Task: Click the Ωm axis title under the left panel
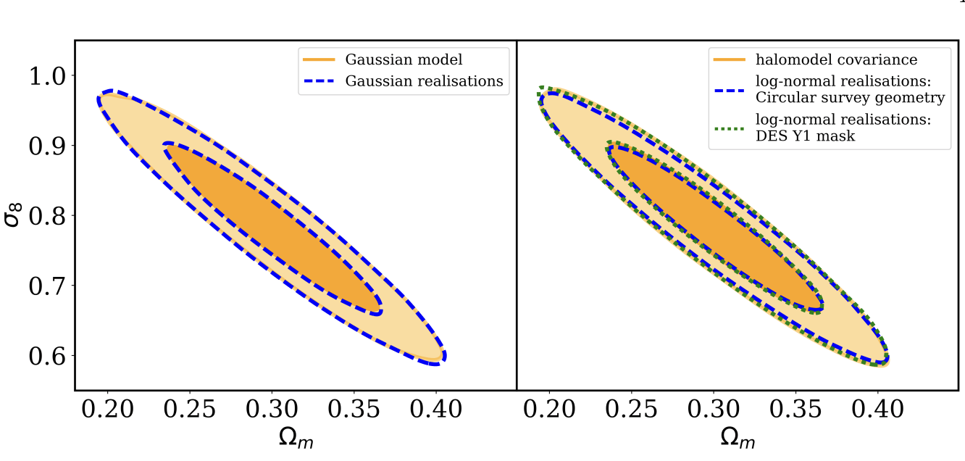click(x=295, y=439)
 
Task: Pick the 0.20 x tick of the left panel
click(x=108, y=410)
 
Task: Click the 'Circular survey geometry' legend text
click(x=850, y=98)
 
